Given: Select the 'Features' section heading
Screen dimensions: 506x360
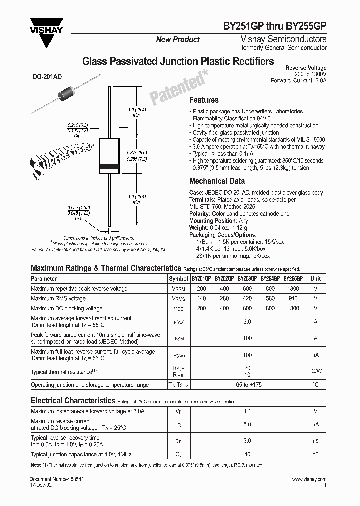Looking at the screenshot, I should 204,100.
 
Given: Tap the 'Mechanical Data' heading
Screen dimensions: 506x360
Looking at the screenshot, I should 217,181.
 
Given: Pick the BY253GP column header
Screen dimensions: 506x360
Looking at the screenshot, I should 247,279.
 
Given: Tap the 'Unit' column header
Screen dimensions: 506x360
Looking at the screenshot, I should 315,279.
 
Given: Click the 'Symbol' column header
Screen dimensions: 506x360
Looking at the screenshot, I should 178,279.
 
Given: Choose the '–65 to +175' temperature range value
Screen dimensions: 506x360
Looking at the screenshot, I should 247,385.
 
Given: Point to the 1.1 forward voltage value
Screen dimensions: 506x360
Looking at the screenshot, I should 247,411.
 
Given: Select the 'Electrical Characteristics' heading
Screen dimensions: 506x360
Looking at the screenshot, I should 73,400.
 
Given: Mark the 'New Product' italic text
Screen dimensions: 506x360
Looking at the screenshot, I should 178,39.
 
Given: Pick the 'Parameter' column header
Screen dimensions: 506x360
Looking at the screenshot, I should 44,279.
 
